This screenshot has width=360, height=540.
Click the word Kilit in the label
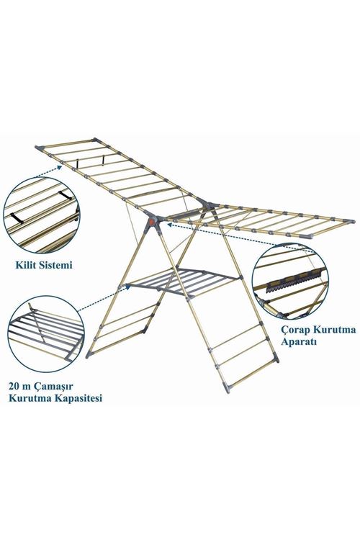(x=25, y=265)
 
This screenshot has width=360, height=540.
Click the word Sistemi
(x=56, y=265)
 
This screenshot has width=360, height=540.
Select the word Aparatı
(x=299, y=342)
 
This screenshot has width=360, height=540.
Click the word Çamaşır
(x=56, y=386)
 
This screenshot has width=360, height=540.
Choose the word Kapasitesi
(x=78, y=398)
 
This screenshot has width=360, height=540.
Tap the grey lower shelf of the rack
(x=182, y=280)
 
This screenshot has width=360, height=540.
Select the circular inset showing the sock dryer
(x=290, y=282)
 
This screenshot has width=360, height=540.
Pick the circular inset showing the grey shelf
(x=46, y=333)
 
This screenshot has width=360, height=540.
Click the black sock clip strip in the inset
(x=296, y=280)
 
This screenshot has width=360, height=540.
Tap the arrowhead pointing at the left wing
(x=60, y=167)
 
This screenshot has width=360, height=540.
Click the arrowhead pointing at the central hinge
(x=170, y=225)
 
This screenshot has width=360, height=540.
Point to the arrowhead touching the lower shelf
(x=128, y=286)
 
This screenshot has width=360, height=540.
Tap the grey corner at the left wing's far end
(x=40, y=148)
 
